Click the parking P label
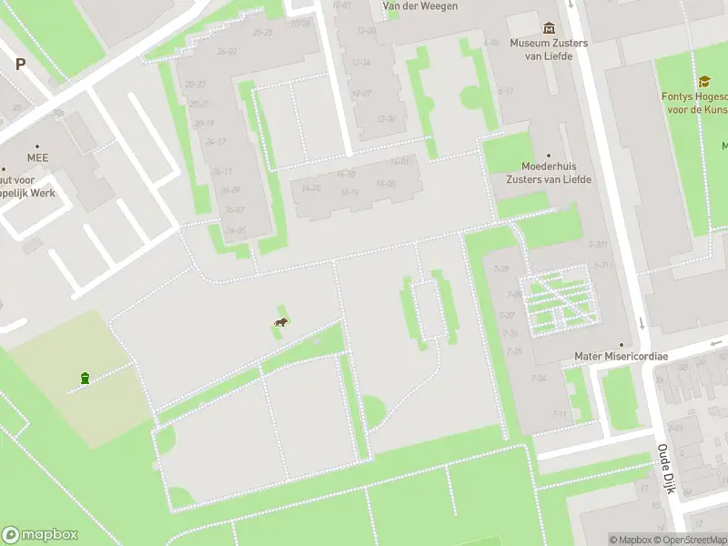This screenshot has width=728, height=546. click(x=20, y=64)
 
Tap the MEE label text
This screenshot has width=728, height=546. click(x=37, y=157)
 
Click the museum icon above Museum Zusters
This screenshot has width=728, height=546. click(x=549, y=28)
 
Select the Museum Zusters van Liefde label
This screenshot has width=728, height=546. click(x=549, y=49)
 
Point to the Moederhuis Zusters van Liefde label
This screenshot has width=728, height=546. click(x=549, y=173)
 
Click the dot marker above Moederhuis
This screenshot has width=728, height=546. click(x=549, y=156)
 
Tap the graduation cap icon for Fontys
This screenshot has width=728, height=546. click(x=703, y=82)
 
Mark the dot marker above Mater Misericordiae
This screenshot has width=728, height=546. click(x=621, y=345)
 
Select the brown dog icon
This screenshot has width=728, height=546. click(x=282, y=322)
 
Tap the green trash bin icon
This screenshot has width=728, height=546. click(x=85, y=378)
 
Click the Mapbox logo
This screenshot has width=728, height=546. click(x=40, y=535)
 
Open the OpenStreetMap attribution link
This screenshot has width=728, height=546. click(x=691, y=540)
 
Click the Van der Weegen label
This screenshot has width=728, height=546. click(x=420, y=6)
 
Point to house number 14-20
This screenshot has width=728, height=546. click(x=310, y=188)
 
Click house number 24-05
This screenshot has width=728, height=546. click(x=235, y=230)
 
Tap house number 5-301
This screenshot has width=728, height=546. click(x=598, y=244)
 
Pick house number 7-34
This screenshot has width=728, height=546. click(x=539, y=379)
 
